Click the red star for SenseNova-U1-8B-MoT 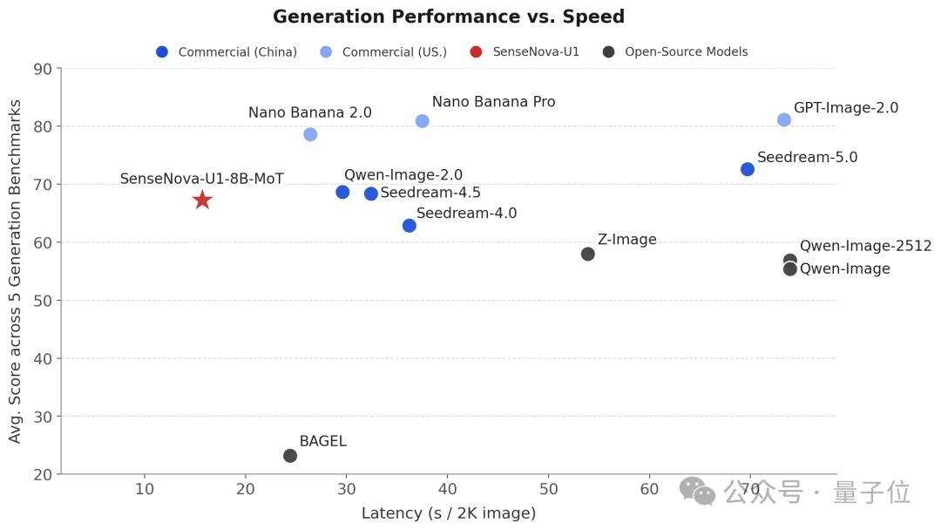(x=202, y=200)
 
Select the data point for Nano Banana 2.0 (x=310, y=134)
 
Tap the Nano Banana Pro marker (x=423, y=121)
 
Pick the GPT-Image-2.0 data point (x=784, y=119)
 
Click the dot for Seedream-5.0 (x=748, y=169)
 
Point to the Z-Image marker (x=588, y=254)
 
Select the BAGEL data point (x=290, y=456)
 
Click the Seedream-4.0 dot (x=410, y=226)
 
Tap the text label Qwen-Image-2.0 (x=403, y=175)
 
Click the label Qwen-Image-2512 (x=865, y=246)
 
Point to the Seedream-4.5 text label (x=430, y=193)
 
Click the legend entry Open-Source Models (x=686, y=52)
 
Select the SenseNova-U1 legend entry (x=536, y=52)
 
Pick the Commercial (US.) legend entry (x=394, y=52)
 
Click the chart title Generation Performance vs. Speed (x=449, y=17)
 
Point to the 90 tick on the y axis (x=42, y=69)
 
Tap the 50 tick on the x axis (x=548, y=489)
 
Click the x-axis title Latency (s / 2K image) (x=449, y=513)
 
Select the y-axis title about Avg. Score (x=16, y=270)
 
